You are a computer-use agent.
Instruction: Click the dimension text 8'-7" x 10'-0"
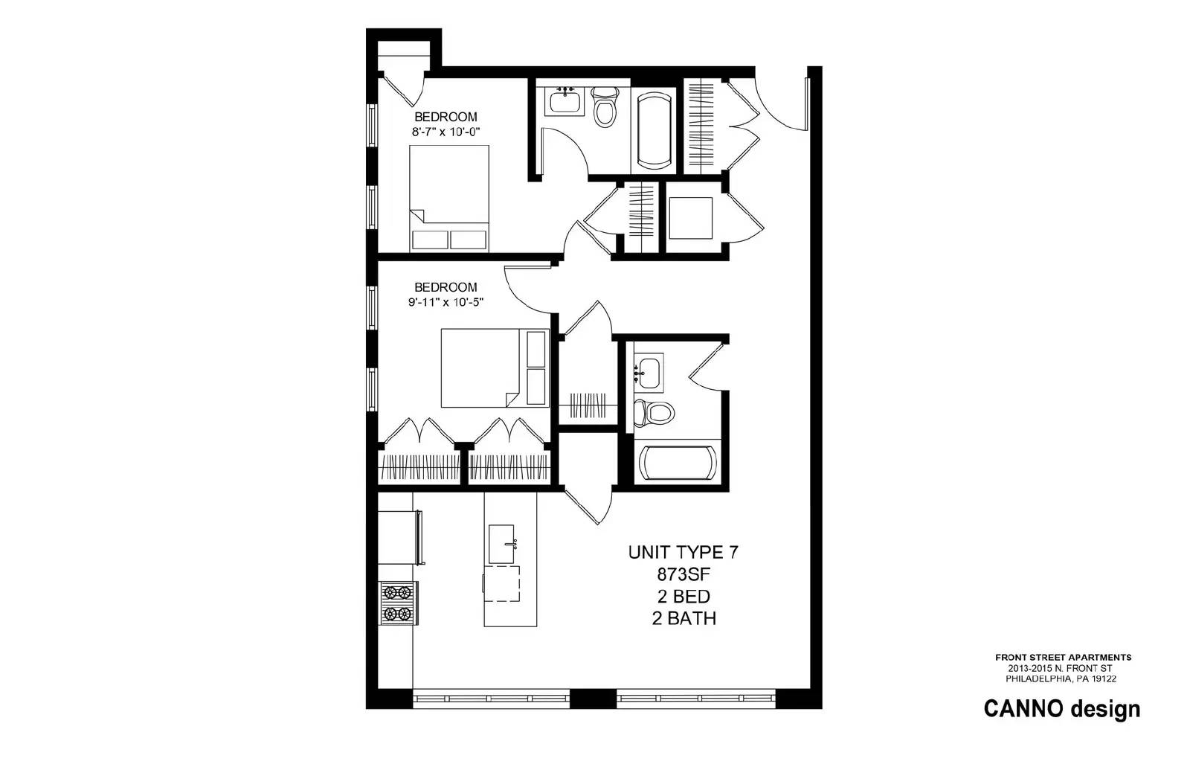click(446, 131)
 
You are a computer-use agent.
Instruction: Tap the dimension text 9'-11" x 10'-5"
click(446, 302)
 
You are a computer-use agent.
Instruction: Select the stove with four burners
click(398, 603)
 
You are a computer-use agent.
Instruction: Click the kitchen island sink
click(502, 544)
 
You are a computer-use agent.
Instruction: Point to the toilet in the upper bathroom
click(605, 107)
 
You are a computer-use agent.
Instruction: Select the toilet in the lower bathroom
click(654, 413)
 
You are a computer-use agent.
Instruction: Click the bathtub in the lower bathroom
click(678, 462)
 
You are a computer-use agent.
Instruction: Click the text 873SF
click(684, 574)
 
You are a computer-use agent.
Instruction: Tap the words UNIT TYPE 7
click(684, 552)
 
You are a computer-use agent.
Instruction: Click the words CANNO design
click(1062, 709)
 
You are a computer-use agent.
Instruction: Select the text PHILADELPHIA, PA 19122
click(1061, 678)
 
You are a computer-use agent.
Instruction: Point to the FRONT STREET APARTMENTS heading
click(1063, 658)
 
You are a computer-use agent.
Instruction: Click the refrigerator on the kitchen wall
click(400, 537)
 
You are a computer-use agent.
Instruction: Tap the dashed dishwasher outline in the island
click(501, 583)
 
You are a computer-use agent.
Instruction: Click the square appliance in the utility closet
click(691, 218)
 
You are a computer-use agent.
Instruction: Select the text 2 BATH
click(684, 618)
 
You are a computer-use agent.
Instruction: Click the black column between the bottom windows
click(593, 699)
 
